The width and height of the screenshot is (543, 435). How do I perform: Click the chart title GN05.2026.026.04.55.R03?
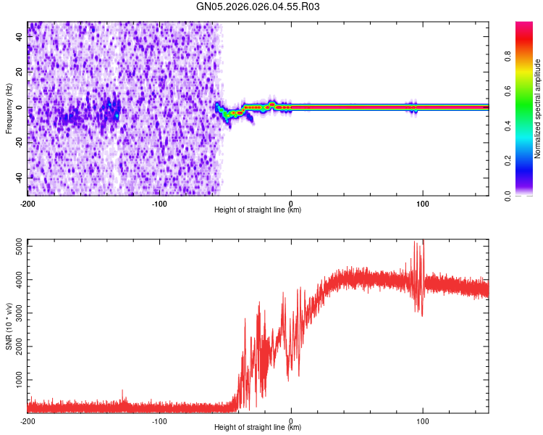point(258,7)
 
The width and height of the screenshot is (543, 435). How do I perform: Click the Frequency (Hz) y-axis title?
point(9,108)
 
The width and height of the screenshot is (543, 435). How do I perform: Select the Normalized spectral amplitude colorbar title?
point(538,109)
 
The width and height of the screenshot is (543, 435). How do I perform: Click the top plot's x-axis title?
point(258,210)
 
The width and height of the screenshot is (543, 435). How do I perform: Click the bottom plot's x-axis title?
point(258,428)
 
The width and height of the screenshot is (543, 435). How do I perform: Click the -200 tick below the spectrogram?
point(28,204)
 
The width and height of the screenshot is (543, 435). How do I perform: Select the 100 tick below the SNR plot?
point(423,421)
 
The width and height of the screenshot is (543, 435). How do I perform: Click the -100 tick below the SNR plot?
point(159,421)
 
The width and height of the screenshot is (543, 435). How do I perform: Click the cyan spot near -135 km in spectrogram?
point(117,115)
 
